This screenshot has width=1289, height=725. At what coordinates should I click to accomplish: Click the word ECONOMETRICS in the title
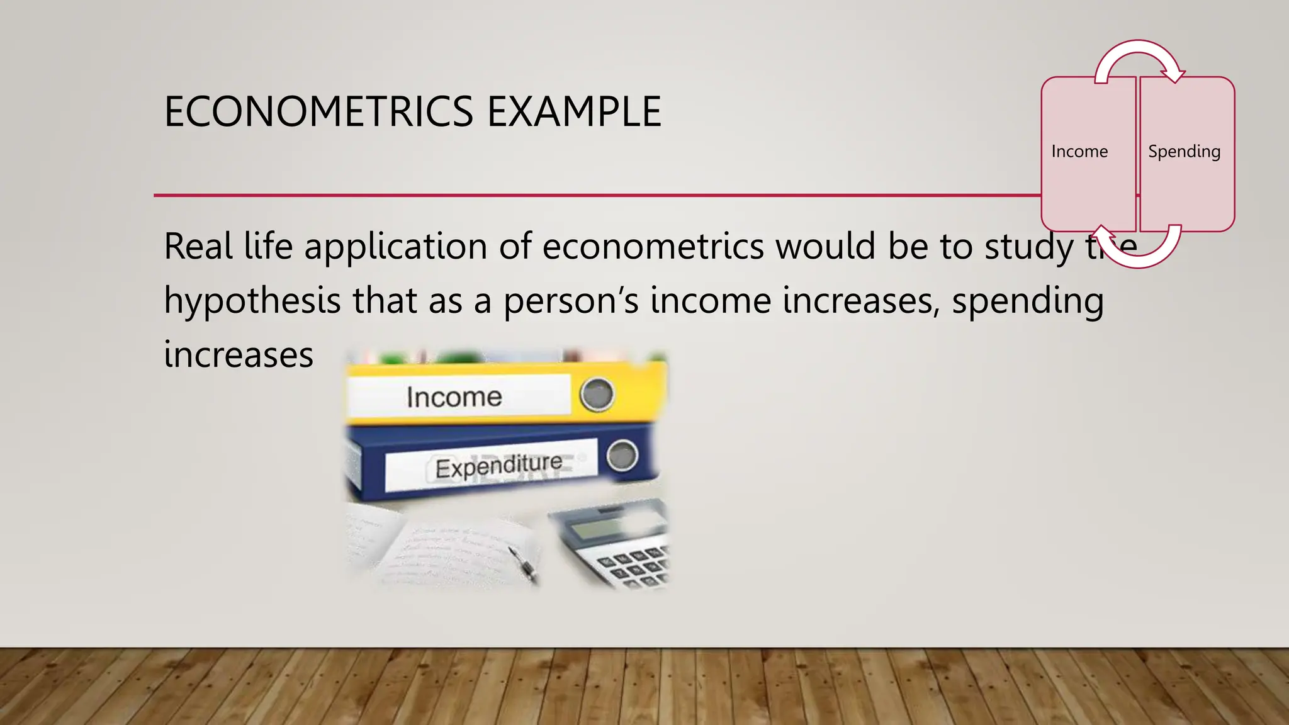pyautogui.click(x=318, y=112)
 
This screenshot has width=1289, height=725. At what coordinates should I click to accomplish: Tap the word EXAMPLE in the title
pyautogui.click(x=573, y=112)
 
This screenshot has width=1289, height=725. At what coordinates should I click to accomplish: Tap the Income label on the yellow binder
pyautogui.click(x=454, y=396)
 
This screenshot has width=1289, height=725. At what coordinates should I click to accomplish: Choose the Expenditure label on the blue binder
pyautogui.click(x=498, y=466)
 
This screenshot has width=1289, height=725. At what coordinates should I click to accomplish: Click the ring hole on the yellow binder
pyautogui.click(x=596, y=394)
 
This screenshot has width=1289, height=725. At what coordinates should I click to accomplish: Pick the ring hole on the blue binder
pyautogui.click(x=622, y=455)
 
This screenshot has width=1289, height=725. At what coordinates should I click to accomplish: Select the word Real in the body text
pyautogui.click(x=198, y=246)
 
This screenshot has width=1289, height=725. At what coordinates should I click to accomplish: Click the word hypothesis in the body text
pyautogui.click(x=252, y=301)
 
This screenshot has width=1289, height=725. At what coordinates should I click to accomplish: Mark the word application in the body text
pyautogui.click(x=396, y=246)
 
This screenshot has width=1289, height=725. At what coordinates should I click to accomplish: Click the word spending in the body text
pyautogui.click(x=1027, y=301)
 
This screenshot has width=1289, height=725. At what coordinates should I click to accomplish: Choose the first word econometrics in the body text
pyautogui.click(x=653, y=246)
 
